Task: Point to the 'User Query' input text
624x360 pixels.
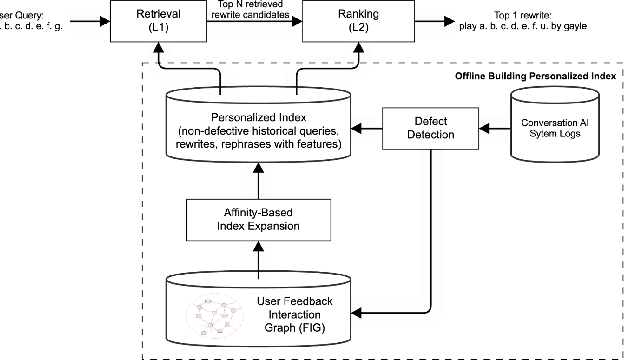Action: (x=30, y=21)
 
